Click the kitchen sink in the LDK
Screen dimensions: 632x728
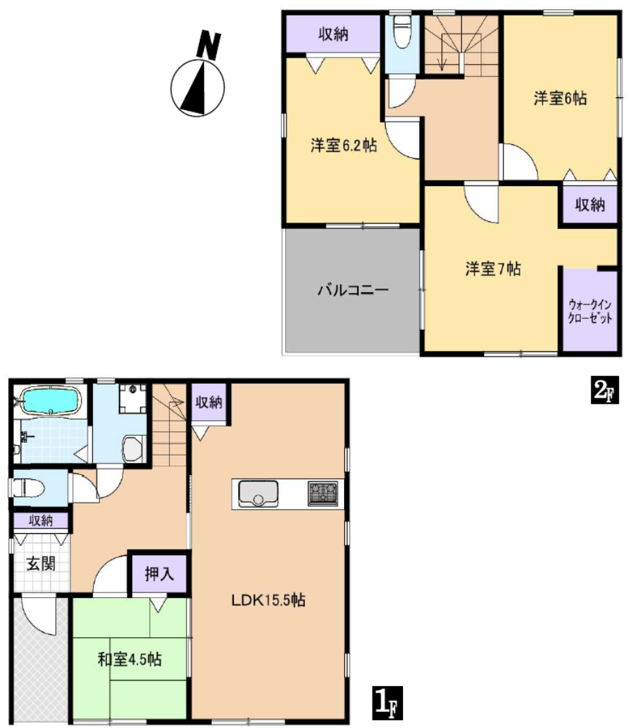click(258, 494)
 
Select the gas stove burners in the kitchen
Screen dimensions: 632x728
click(323, 493)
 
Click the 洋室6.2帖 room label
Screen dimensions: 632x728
click(343, 146)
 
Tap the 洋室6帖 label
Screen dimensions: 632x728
click(560, 98)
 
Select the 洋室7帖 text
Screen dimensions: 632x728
click(493, 269)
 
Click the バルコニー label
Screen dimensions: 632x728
click(353, 291)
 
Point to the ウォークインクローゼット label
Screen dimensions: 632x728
click(590, 311)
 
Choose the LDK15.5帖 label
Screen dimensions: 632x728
click(269, 600)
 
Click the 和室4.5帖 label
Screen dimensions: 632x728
click(129, 659)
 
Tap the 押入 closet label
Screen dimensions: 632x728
click(159, 574)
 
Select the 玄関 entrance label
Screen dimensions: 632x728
click(41, 564)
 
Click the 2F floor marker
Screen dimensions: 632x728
click(604, 390)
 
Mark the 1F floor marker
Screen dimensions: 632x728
click(387, 703)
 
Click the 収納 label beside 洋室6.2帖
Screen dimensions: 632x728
click(333, 34)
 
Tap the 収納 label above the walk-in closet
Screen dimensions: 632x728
click(590, 204)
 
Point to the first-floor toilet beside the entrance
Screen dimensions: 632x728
click(28, 488)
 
